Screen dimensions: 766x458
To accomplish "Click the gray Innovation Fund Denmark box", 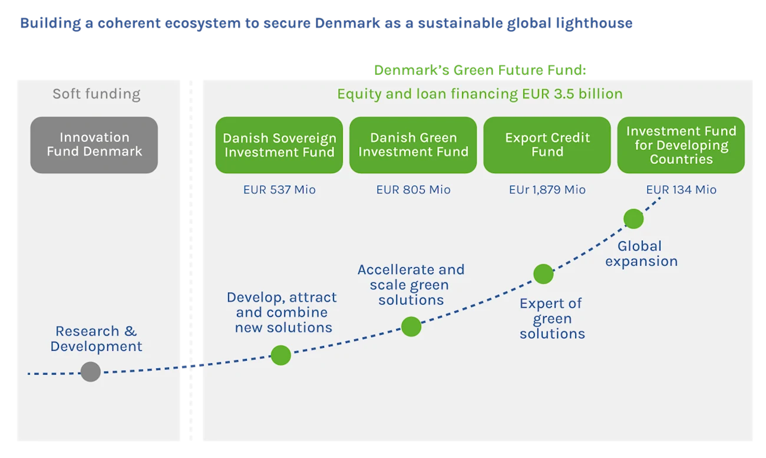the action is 94,144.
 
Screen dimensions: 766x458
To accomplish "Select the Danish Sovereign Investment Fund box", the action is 279,145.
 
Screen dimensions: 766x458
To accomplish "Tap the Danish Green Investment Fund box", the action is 413,145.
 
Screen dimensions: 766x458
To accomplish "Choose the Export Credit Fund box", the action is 547,145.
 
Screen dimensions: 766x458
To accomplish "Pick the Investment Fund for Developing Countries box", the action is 681,145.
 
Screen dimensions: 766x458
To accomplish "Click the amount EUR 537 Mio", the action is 279,190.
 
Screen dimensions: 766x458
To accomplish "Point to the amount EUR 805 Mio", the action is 413,190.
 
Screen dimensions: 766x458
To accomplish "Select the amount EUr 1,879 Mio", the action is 547,190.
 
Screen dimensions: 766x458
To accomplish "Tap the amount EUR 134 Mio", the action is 681,190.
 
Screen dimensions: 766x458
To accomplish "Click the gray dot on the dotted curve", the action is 91,372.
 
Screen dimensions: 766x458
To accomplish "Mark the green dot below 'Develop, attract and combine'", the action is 280,355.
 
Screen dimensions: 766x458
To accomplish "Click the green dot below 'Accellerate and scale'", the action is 411,326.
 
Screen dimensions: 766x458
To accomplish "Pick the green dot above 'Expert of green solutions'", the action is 543,274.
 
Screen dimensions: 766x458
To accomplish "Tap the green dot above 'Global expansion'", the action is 633,219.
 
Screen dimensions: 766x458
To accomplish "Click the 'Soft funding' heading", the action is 97,94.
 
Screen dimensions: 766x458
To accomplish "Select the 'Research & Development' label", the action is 96,339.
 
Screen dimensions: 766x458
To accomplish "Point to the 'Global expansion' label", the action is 641,253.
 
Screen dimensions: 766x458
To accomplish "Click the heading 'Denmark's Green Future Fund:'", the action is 481,70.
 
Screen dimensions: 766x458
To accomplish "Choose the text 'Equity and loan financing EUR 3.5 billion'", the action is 480,94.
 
